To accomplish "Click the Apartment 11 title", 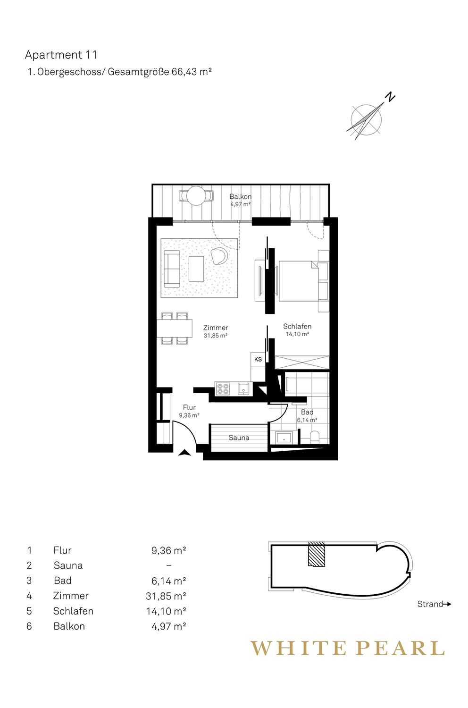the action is click(61, 55).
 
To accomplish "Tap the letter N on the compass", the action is click(391, 97).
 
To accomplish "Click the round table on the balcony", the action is click(196, 196).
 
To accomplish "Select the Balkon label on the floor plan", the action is click(241, 197).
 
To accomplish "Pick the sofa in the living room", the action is click(172, 269).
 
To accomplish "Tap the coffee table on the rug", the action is click(196, 269).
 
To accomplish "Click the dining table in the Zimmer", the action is click(175, 329).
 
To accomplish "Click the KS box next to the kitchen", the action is click(258, 359).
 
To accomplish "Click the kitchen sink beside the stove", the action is click(243, 388).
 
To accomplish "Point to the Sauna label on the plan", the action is click(239, 438).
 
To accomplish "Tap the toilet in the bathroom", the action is click(315, 437).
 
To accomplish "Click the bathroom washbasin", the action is click(284, 438).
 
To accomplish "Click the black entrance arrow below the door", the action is click(184, 453).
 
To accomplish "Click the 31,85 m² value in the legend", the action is click(166, 596).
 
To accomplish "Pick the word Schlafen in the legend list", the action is click(73, 611).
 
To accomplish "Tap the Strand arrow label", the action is click(434, 604).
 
